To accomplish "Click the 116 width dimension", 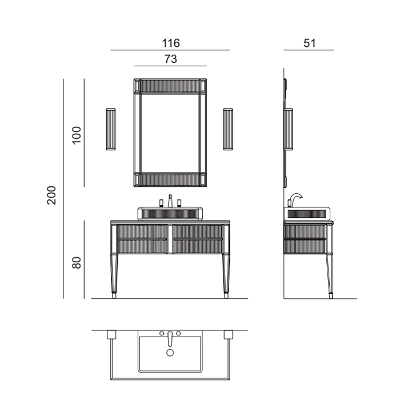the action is (x=171, y=43).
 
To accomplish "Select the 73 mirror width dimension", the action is (x=171, y=59).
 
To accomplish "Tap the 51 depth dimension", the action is (x=310, y=43).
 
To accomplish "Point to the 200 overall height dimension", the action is (x=51, y=195).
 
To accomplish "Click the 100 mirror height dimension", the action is (x=77, y=135).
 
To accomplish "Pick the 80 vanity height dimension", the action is (x=77, y=263).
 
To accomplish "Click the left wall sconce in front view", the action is (x=111, y=129).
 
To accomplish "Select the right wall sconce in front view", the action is (x=228, y=129).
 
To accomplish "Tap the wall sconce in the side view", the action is (x=289, y=129).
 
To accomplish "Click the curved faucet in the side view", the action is (x=296, y=197).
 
